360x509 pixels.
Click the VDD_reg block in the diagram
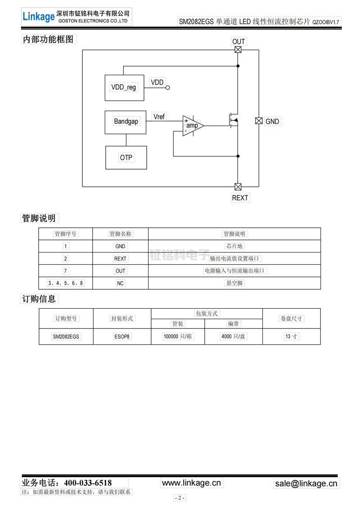coord(124,87)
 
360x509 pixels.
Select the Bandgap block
coord(126,122)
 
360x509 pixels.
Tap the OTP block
coord(126,157)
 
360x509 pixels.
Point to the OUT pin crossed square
coord(238,50)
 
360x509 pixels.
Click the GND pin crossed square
coord(259,121)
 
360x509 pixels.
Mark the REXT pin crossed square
coord(238,187)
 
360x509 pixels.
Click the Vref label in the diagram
coord(159,117)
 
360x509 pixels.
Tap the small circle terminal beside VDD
coord(168,88)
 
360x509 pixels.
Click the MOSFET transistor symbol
coord(234,121)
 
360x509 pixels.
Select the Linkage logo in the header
coord(38,17)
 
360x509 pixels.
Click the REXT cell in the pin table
coord(120,259)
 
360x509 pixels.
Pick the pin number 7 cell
coord(66,271)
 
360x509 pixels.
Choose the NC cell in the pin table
coord(120,283)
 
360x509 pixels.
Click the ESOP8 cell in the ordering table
coord(122,336)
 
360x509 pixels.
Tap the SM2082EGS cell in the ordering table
coord(66,336)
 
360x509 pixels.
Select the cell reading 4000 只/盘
coord(233,336)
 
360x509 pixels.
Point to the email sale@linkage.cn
coord(306,483)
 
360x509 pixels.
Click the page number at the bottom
coord(180,498)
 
